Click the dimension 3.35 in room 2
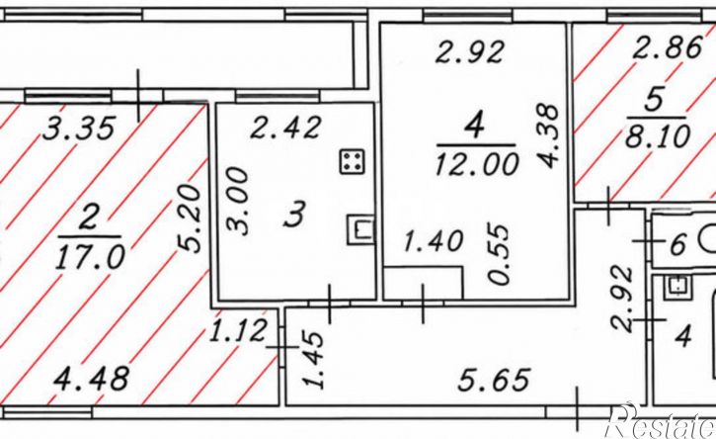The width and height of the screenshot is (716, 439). (79, 129)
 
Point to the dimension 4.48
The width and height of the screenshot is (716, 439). (91, 379)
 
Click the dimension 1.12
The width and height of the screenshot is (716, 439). (237, 330)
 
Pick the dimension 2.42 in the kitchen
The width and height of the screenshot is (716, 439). (285, 128)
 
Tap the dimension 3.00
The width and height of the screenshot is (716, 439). (238, 202)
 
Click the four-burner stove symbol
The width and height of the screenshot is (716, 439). (352, 162)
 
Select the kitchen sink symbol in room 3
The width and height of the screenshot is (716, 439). (360, 229)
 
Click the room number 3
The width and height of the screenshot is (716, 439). (293, 215)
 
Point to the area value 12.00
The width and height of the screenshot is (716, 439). (477, 164)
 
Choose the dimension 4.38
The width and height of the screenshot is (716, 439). (547, 134)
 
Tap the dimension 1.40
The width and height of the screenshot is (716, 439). (434, 241)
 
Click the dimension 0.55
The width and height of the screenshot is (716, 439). (498, 254)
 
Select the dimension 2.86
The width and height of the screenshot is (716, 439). (667, 47)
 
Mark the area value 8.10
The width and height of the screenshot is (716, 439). (657, 136)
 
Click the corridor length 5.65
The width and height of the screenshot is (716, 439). (494, 380)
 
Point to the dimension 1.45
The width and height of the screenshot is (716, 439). (315, 360)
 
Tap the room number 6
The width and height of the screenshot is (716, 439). (678, 244)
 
